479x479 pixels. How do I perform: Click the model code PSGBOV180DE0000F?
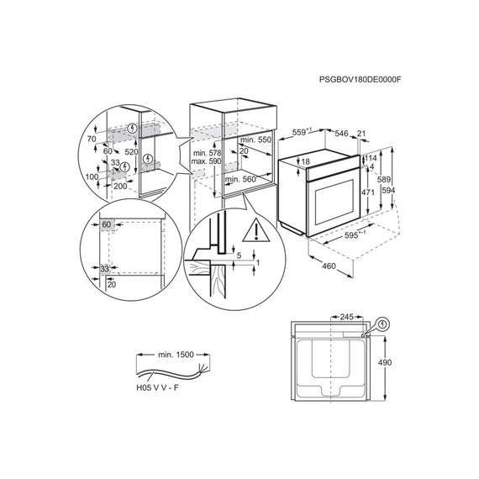tap(360, 80)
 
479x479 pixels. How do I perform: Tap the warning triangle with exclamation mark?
tap(256, 230)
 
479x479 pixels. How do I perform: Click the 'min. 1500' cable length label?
tap(176, 355)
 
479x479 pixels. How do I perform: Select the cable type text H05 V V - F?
tap(157, 388)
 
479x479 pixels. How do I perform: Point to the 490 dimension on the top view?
tap(385, 362)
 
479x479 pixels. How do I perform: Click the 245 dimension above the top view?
tap(346, 317)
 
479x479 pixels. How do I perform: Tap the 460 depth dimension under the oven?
tap(329, 266)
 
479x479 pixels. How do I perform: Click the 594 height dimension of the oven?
tap(388, 191)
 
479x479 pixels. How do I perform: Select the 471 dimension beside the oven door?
tap(368, 192)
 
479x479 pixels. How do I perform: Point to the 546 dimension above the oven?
tap(341, 133)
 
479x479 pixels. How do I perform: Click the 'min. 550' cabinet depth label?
tap(256, 139)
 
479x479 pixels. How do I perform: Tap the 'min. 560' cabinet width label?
tap(240, 179)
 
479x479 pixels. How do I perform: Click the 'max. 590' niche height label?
tap(206, 161)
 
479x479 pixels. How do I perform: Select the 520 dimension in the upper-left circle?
tap(131, 152)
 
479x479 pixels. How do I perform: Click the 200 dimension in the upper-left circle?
tap(120, 186)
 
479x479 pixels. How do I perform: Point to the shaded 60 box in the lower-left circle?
tap(107, 224)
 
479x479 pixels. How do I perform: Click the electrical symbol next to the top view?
tap(382, 324)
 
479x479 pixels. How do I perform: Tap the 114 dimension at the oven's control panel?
tap(371, 158)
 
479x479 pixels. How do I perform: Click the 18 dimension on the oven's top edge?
tap(306, 161)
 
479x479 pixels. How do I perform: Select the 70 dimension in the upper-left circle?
tap(92, 139)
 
